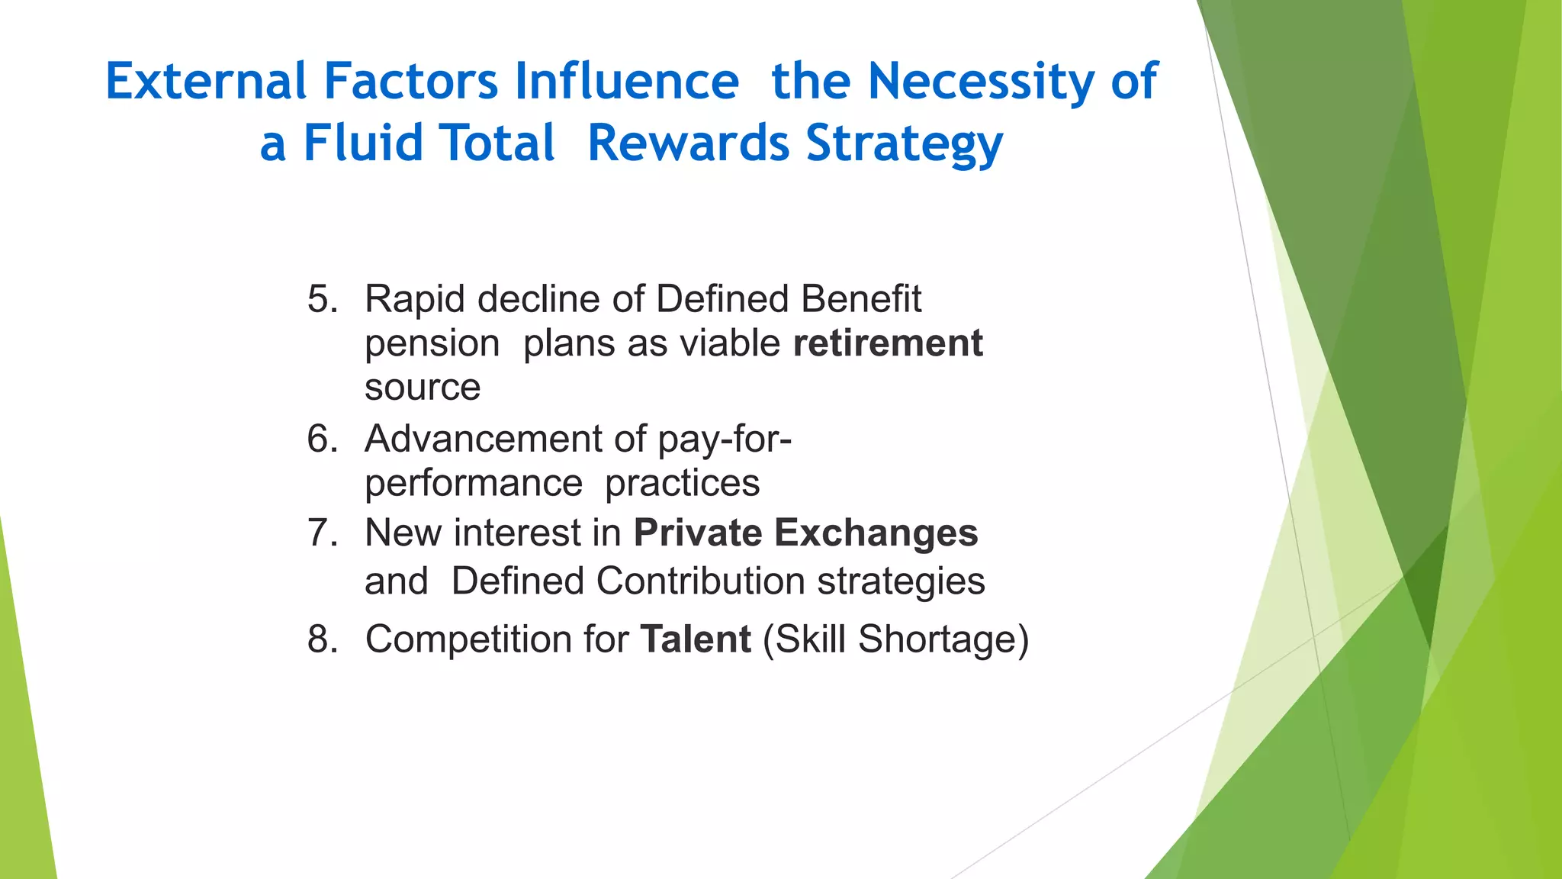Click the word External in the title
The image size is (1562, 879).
click(x=205, y=81)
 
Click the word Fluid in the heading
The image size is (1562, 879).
click(x=363, y=143)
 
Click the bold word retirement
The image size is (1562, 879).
click(x=888, y=343)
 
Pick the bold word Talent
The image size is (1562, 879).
click(x=696, y=639)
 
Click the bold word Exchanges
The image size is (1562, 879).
click(x=876, y=533)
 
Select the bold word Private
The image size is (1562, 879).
click(x=697, y=533)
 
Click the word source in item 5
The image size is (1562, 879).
click(x=423, y=388)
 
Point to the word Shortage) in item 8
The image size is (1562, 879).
click(x=943, y=639)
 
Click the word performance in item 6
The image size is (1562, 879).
click(x=474, y=484)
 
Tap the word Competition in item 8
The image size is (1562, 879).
click(x=468, y=639)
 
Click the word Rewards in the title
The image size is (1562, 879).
click(x=688, y=143)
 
